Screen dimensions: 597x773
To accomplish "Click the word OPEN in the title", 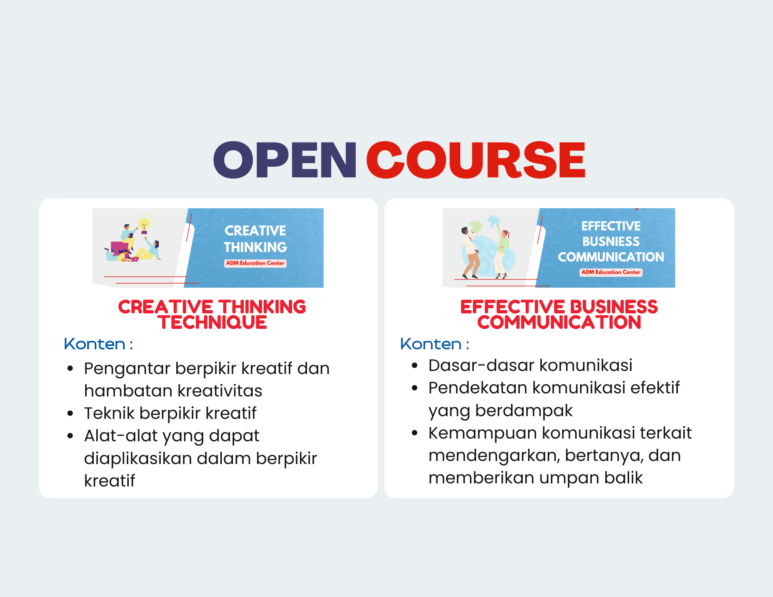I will click(x=284, y=160).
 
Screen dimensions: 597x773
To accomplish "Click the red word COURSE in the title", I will click(x=476, y=160).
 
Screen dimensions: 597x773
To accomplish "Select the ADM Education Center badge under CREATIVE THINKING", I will click(x=255, y=263).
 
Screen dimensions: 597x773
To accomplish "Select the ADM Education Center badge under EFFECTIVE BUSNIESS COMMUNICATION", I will click(x=611, y=272).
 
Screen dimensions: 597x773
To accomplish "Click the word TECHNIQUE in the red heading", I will click(x=212, y=323).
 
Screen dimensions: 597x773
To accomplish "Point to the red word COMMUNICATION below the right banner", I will click(x=559, y=323).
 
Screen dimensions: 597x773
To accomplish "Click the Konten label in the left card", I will click(x=95, y=344).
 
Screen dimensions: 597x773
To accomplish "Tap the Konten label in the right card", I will click(x=431, y=344).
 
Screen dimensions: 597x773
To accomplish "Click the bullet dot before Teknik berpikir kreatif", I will click(x=70, y=413).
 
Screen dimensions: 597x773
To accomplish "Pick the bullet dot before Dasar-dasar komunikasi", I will click(x=415, y=366).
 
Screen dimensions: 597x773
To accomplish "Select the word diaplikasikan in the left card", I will click(x=138, y=459).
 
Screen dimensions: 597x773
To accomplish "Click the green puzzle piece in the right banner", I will click(x=475, y=226).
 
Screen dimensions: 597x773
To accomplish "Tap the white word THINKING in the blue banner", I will click(x=255, y=247).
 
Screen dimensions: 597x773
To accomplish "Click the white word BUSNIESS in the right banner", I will click(x=611, y=242).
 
